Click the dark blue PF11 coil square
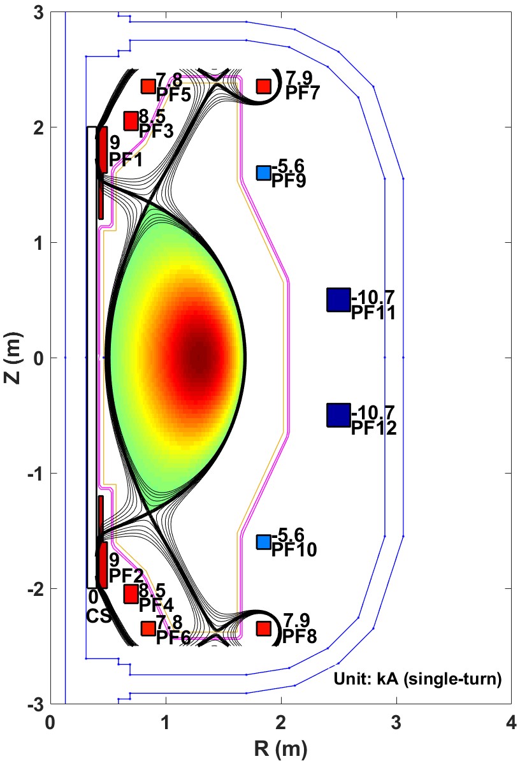coord(338,300)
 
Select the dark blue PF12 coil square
coord(338,415)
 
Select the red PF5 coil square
coord(148,86)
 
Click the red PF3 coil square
coord(131,120)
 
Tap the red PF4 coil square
coord(131,594)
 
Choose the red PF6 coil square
coord(148,628)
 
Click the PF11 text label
coord(373,313)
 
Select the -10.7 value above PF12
coord(373,411)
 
